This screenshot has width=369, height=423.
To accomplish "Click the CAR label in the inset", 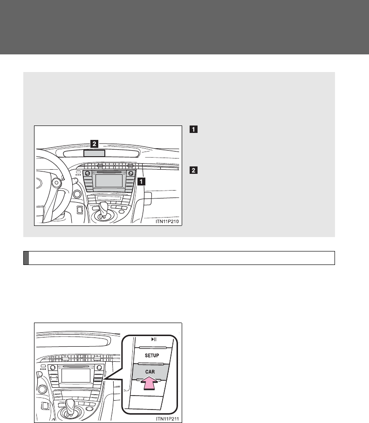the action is pyautogui.click(x=150, y=372).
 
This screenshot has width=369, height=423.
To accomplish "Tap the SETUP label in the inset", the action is pyautogui.click(x=152, y=356).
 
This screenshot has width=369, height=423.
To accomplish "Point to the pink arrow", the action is pyautogui.click(x=149, y=383).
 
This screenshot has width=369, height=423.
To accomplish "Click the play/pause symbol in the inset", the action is pyautogui.click(x=154, y=339).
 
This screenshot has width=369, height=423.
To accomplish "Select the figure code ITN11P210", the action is pyautogui.click(x=167, y=222).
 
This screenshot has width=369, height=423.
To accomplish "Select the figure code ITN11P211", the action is pyautogui.click(x=167, y=419).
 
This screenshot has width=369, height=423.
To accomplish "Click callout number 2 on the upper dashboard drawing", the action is pyautogui.click(x=94, y=144).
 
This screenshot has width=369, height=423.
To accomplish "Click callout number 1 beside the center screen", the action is pyautogui.click(x=141, y=182).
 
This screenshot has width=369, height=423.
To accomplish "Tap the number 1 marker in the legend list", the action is pyautogui.click(x=193, y=129).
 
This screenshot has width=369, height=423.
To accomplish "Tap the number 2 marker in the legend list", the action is pyautogui.click(x=193, y=170).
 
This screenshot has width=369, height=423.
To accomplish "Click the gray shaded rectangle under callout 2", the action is pyautogui.click(x=94, y=153).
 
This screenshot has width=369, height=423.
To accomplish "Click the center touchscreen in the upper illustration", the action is pyautogui.click(x=109, y=181).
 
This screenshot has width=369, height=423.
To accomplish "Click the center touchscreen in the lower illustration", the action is pyautogui.click(x=75, y=376).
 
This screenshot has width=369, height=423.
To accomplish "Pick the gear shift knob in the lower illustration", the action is pyautogui.click(x=70, y=404).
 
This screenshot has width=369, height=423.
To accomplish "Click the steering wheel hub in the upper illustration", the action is pyautogui.click(x=56, y=183).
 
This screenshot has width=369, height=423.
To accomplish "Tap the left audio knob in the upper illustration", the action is pyautogui.click(x=87, y=173).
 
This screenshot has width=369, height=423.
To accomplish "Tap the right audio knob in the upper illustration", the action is pyautogui.click(x=131, y=173).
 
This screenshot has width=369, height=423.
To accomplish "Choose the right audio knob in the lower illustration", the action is pyautogui.click(x=99, y=367).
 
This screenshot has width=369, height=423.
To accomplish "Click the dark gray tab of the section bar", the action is pyautogui.click(x=26, y=258).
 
